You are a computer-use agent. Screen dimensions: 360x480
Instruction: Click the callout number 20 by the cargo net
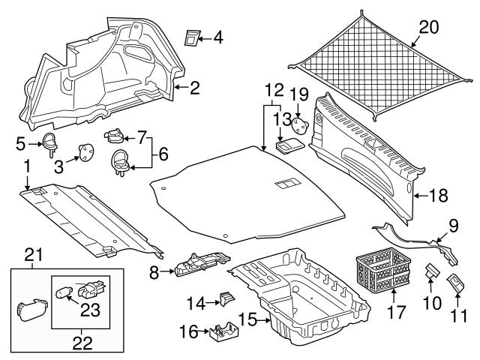427,28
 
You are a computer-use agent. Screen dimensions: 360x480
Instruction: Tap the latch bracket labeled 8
199,265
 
